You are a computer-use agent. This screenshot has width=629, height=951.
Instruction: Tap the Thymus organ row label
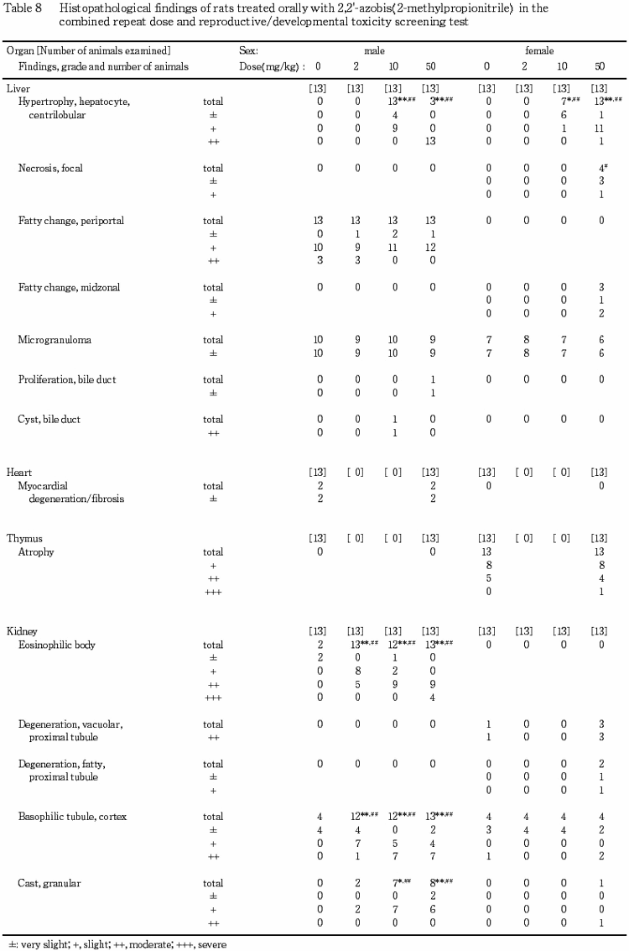(x=23, y=539)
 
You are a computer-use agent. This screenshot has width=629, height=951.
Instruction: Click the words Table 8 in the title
(x=22, y=8)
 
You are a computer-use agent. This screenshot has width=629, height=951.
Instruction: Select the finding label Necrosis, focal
(x=50, y=168)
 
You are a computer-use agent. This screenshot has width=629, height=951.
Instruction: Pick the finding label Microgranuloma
(x=55, y=340)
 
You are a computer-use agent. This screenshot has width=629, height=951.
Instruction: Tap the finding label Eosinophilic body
(x=56, y=645)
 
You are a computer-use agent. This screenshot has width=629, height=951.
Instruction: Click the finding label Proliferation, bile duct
(x=67, y=379)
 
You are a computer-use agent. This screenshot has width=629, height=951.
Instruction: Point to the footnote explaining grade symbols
(x=116, y=943)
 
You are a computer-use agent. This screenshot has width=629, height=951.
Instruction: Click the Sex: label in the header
(x=249, y=51)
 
